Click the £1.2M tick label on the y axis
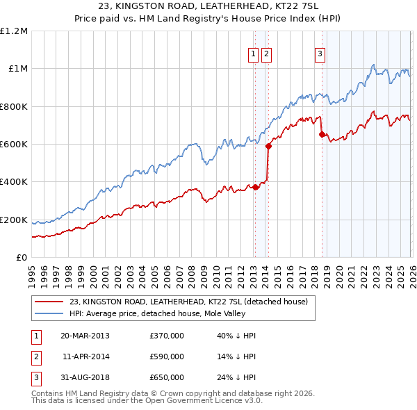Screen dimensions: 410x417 pyautogui.click(x=14, y=31)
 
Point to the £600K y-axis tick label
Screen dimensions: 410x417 pyautogui.click(x=14, y=145)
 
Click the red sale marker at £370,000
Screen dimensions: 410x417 pyautogui.click(x=255, y=187)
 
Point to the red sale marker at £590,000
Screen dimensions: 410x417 pyautogui.click(x=268, y=146)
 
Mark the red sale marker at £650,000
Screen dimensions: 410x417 pyautogui.click(x=322, y=135)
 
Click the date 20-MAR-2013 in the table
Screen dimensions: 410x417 pyautogui.click(x=85, y=336)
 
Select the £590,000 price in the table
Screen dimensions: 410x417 pyautogui.click(x=167, y=356)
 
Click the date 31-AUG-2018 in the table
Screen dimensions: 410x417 pyautogui.click(x=85, y=377)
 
